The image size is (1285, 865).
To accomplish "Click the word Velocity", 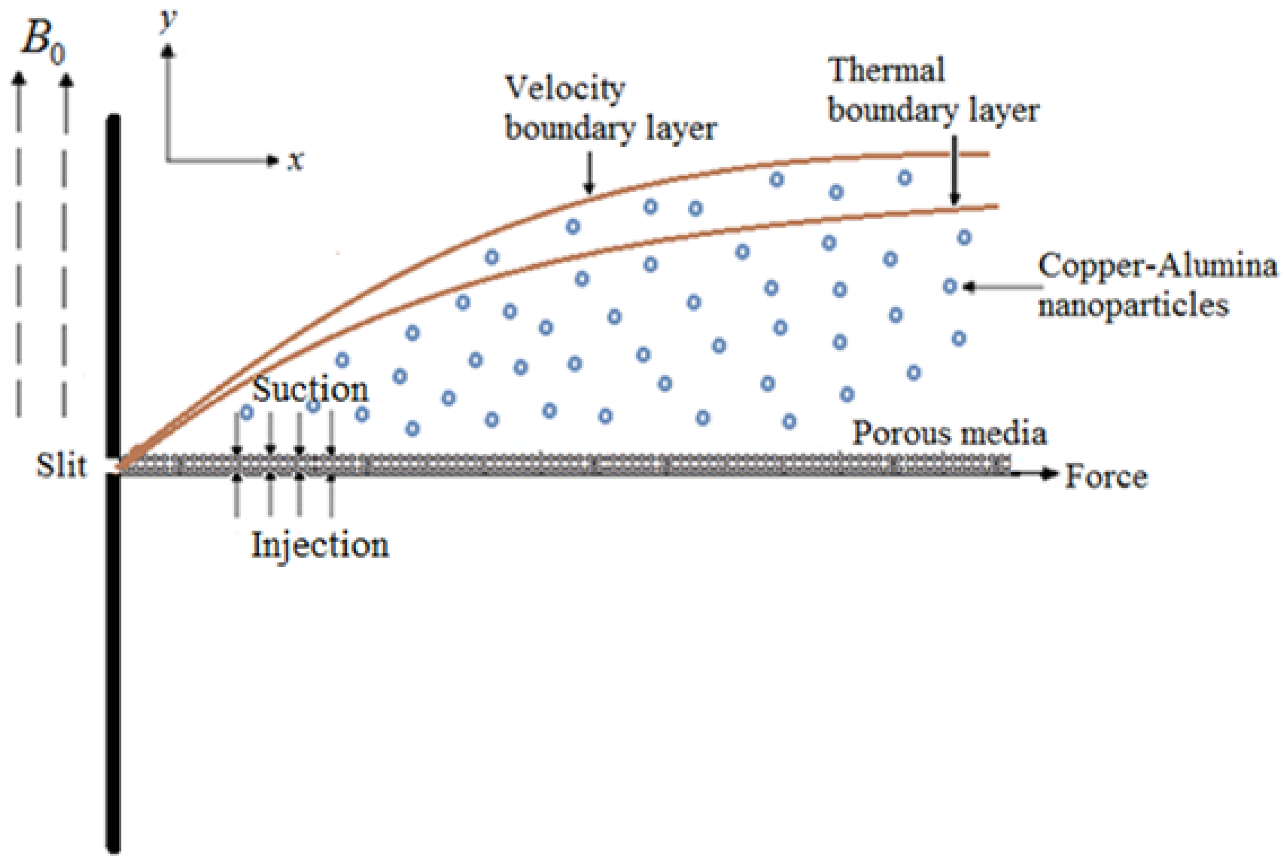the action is (x=565, y=88).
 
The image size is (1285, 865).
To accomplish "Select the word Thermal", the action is (x=886, y=71).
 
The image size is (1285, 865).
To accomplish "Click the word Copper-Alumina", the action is (x=1158, y=266).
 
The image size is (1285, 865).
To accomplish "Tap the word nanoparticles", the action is (x=1133, y=305).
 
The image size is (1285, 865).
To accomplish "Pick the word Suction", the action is (x=310, y=390).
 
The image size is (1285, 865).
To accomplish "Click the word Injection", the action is (x=320, y=546).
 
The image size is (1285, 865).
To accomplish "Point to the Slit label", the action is (x=61, y=466).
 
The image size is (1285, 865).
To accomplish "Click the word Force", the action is (x=1106, y=477).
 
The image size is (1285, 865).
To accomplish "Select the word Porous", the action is (x=897, y=434).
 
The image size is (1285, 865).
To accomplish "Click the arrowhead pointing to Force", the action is (x=1051, y=474).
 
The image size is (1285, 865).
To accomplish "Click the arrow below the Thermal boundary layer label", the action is (x=955, y=171).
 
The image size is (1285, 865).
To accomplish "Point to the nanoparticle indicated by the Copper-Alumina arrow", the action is (x=949, y=286).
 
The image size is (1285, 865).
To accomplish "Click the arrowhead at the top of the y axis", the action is (x=167, y=51).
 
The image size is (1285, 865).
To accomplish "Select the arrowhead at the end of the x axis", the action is (x=272, y=161).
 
